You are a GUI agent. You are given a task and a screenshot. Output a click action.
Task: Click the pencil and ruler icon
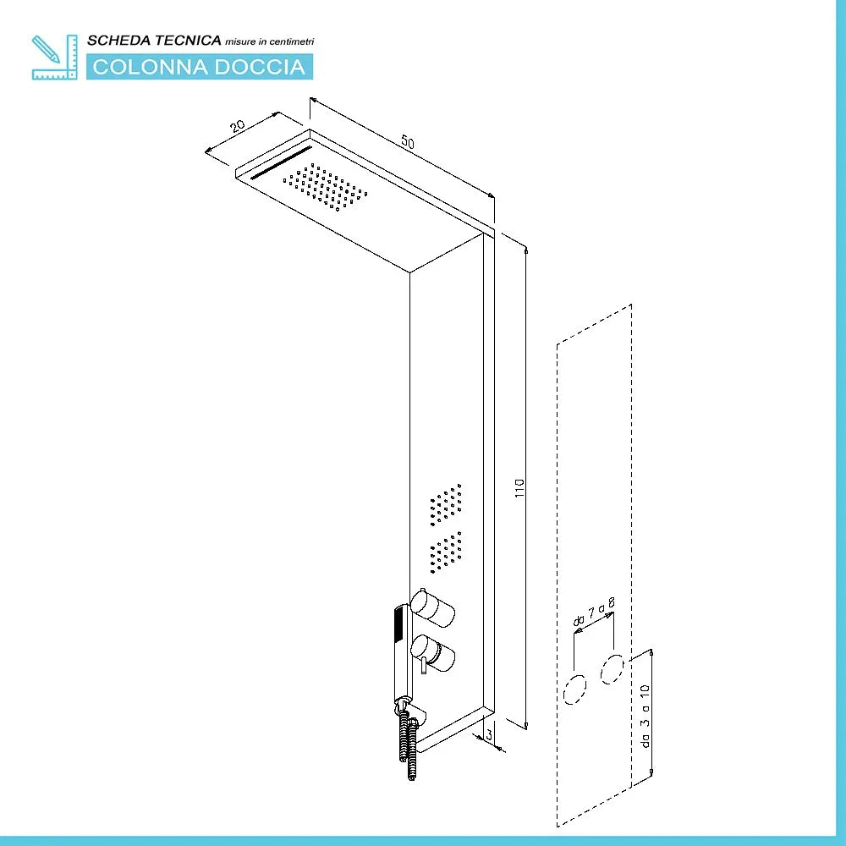click(54, 58)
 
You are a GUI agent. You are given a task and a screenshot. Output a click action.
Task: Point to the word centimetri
click(291, 41)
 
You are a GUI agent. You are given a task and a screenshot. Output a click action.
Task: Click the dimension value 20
click(238, 126)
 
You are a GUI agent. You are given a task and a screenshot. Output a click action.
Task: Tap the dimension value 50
click(408, 142)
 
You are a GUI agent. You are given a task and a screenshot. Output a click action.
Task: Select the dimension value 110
click(519, 488)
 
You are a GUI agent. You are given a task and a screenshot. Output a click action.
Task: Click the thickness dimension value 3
click(489, 734)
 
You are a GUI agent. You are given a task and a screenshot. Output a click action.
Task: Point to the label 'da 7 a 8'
click(594, 612)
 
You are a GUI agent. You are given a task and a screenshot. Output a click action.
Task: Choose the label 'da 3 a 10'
click(645, 716)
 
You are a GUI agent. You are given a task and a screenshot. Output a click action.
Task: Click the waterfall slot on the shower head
click(281, 162)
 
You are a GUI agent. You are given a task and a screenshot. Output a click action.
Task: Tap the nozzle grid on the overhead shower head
click(326, 187)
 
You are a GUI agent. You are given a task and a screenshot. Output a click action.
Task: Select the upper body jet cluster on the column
click(446, 504)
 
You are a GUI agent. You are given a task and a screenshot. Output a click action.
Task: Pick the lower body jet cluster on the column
click(446, 552)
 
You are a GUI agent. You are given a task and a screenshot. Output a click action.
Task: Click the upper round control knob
click(432, 607)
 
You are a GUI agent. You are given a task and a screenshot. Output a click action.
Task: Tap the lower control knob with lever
click(432, 653)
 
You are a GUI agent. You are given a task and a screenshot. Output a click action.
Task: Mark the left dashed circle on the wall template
click(575, 689)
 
